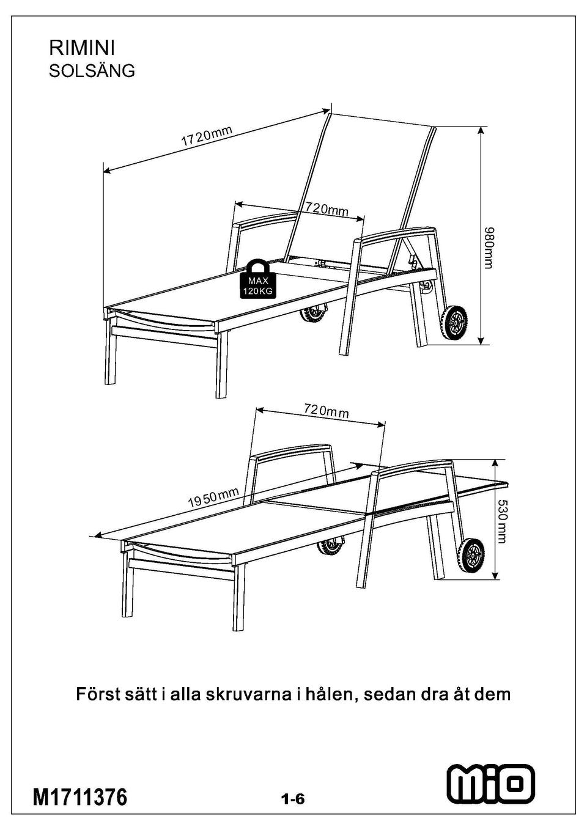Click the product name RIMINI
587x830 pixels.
[x=82, y=48]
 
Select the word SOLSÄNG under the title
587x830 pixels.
[x=92, y=71]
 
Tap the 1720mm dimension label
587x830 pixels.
[x=207, y=136]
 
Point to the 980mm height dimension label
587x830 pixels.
[x=489, y=248]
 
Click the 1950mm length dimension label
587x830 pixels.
[x=213, y=498]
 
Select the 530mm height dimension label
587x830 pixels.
[x=501, y=521]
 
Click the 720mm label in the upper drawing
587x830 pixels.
[x=327, y=210]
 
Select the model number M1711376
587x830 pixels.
[x=79, y=797]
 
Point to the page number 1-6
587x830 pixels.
[x=292, y=799]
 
